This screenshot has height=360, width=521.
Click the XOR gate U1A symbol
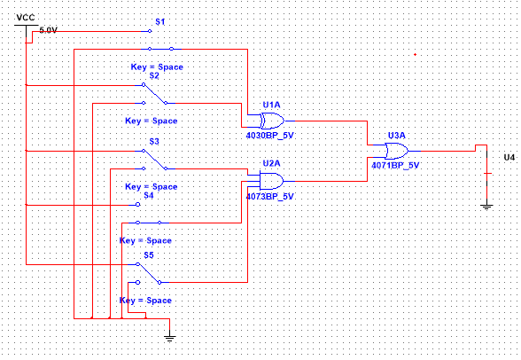click(x=272, y=121)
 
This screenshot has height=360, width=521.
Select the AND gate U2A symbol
click(x=271, y=181)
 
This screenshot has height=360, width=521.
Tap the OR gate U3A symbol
click(x=397, y=151)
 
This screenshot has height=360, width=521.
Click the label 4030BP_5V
click(x=269, y=136)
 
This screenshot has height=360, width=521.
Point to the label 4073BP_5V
click(x=269, y=197)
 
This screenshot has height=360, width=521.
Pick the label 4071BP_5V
click(x=395, y=165)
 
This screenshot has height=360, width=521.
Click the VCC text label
click(x=26, y=18)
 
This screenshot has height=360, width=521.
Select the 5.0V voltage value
click(x=49, y=30)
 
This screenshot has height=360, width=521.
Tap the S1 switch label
click(x=160, y=22)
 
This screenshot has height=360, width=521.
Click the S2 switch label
click(x=154, y=75)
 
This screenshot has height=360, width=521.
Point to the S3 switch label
click(x=154, y=142)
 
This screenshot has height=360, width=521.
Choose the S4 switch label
click(x=149, y=195)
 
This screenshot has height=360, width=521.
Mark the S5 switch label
click(x=149, y=255)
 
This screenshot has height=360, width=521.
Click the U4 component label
click(x=509, y=157)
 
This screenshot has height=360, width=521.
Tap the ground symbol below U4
click(x=486, y=206)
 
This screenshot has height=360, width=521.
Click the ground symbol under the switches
click(x=170, y=338)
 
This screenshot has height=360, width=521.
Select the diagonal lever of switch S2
click(x=155, y=94)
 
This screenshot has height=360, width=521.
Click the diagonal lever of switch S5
click(x=149, y=273)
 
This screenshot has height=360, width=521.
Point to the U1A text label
click(x=271, y=105)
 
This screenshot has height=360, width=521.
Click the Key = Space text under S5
click(x=145, y=301)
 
